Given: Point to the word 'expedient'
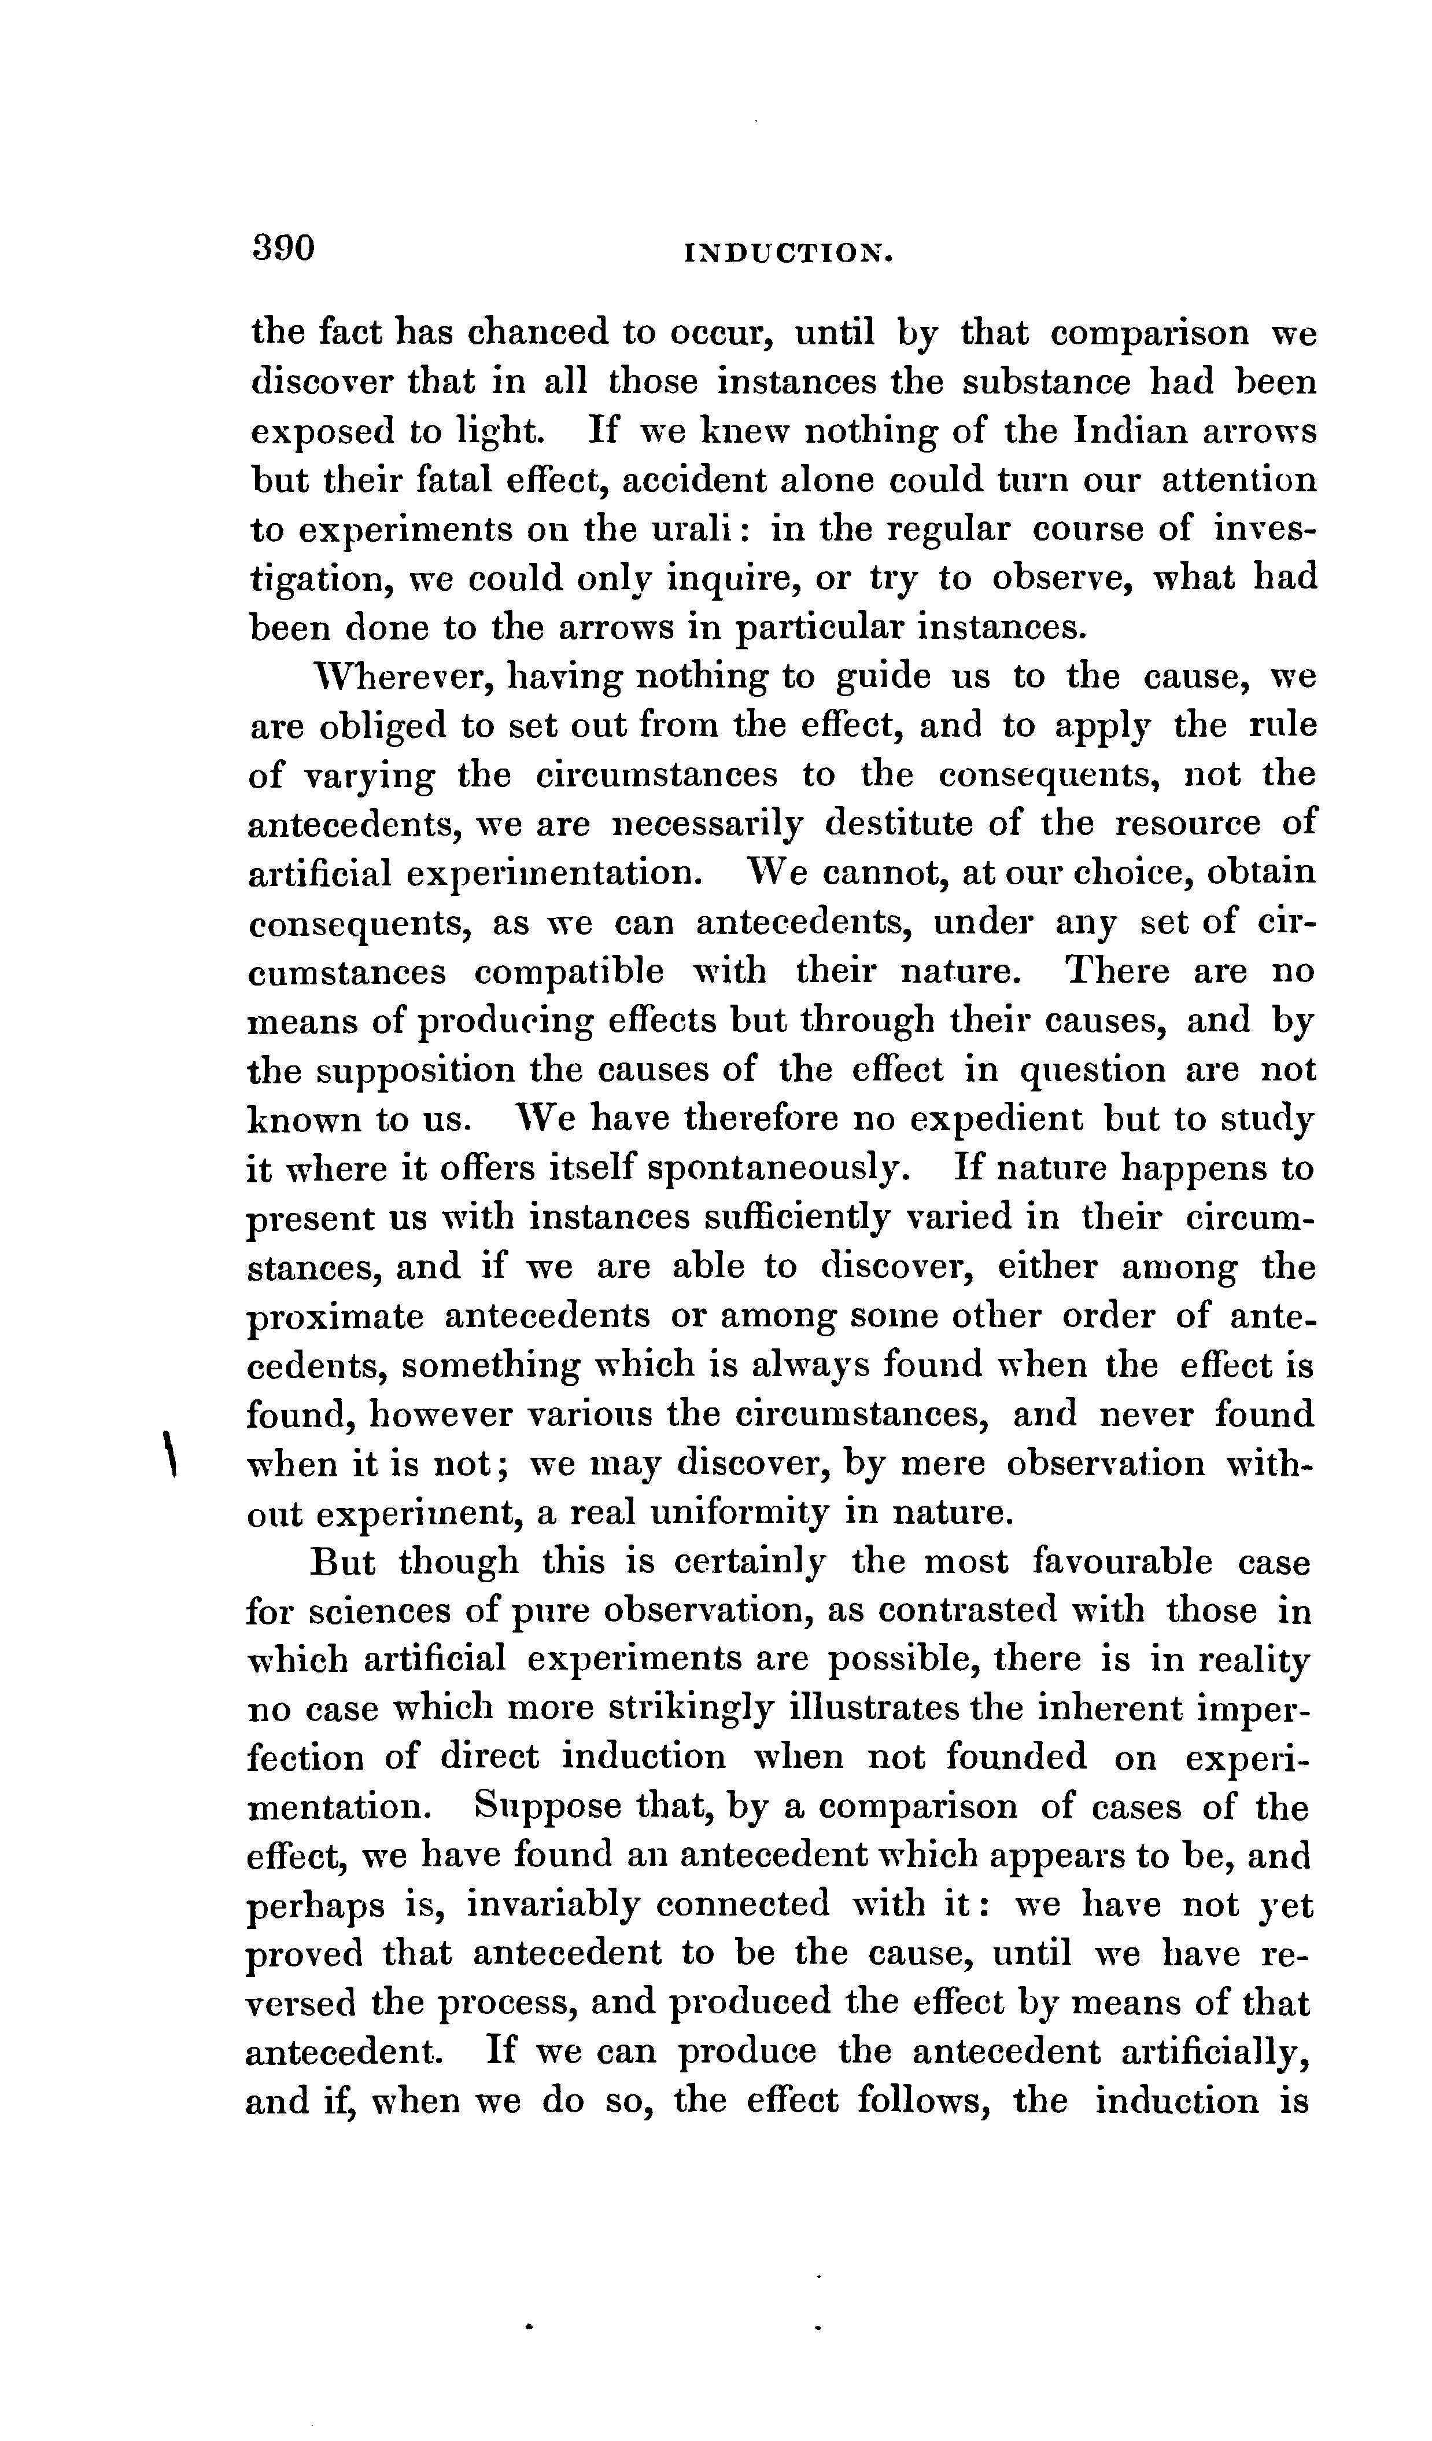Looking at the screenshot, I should point(986,1119).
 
